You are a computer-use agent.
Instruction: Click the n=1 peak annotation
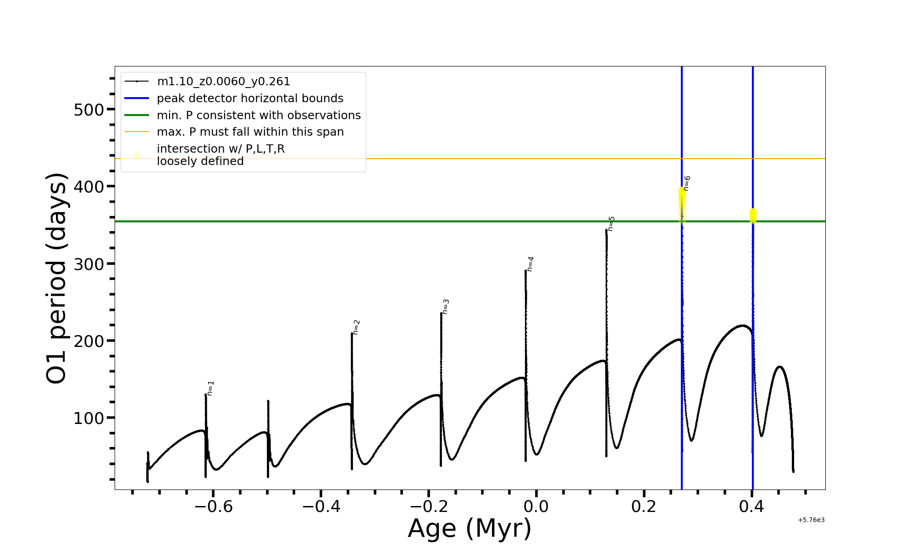pyautogui.click(x=210, y=388)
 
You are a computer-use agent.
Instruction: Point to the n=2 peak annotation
pyautogui.click(x=356, y=327)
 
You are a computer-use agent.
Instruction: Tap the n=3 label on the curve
pyautogui.click(x=445, y=307)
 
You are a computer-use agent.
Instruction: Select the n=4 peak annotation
pyautogui.click(x=530, y=264)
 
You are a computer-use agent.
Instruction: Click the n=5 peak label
pyautogui.click(x=611, y=224)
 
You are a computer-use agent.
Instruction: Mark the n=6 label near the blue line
pyautogui.click(x=686, y=183)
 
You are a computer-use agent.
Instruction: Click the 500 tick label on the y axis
pyautogui.click(x=88, y=110)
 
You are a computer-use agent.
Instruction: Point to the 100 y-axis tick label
pyautogui.click(x=88, y=418)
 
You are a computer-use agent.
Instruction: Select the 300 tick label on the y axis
pyautogui.click(x=88, y=264)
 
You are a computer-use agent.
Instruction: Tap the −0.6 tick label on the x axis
pyautogui.click(x=213, y=506)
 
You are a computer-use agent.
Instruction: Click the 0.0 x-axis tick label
pyautogui.click(x=536, y=506)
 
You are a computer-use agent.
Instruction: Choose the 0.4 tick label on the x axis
pyautogui.click(x=751, y=506)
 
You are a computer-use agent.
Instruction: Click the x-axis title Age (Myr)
pyautogui.click(x=470, y=528)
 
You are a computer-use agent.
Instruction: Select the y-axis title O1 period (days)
pyautogui.click(x=57, y=278)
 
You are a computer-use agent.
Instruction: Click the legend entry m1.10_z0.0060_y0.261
pyautogui.click(x=223, y=82)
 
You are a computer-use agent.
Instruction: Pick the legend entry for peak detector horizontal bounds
pyautogui.click(x=250, y=99)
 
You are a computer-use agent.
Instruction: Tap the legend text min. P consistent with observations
pyautogui.click(x=259, y=115)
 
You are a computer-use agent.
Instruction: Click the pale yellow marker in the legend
pyautogui.click(x=137, y=156)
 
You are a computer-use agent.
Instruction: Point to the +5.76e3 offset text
pyautogui.click(x=811, y=520)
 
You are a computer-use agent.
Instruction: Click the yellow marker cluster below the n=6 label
pyautogui.click(x=682, y=204)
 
